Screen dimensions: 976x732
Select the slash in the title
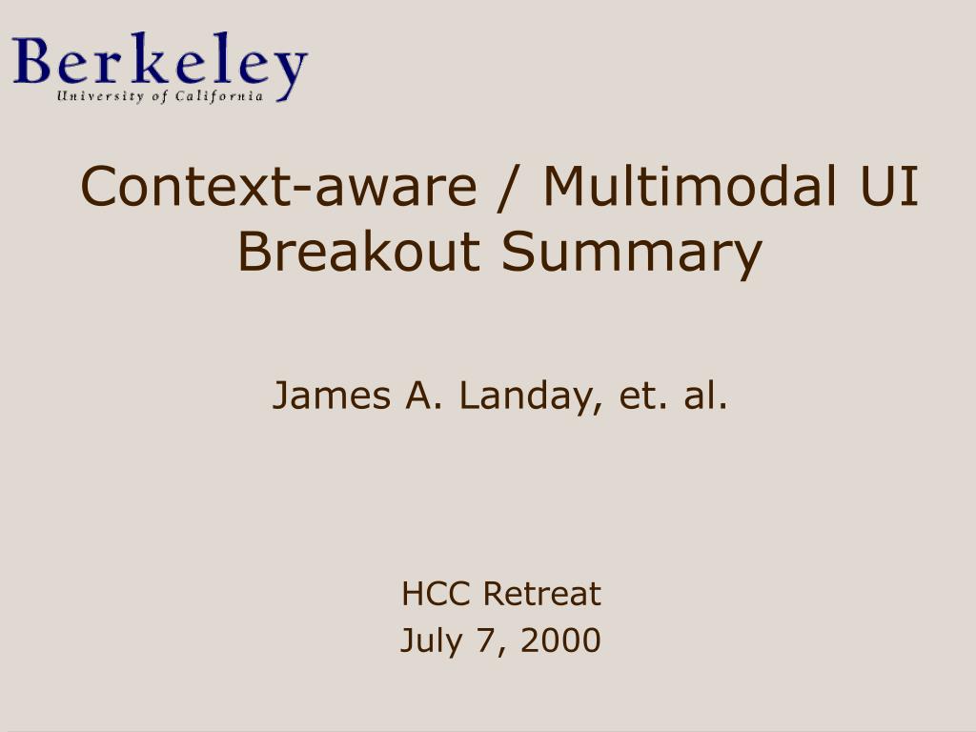(510, 189)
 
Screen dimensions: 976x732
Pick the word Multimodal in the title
(690, 186)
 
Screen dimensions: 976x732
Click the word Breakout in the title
(358, 251)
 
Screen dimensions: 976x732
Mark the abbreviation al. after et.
(705, 396)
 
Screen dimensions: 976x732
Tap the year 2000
(560, 640)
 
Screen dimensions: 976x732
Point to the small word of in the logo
(160, 96)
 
